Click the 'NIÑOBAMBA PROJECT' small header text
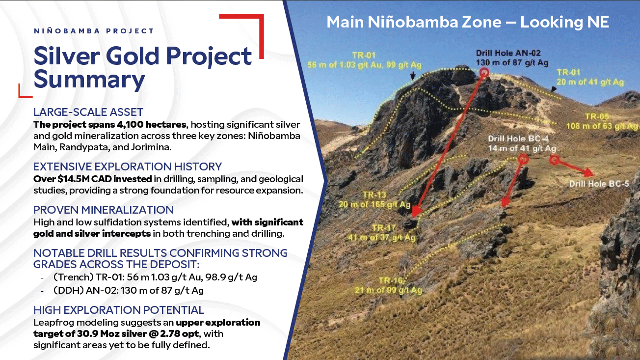pos(94,30)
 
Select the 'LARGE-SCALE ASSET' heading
pos(88,112)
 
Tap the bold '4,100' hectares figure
pos(130,125)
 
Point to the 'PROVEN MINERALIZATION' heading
pos(104,210)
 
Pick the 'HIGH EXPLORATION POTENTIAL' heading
pos(119,310)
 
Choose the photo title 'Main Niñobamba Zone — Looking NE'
pos(468,22)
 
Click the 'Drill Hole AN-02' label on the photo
pos(508,53)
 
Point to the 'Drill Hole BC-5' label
pos(599,184)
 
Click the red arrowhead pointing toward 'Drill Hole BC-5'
pos(588,172)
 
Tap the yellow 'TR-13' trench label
pos(374,194)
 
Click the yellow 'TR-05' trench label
pos(597,116)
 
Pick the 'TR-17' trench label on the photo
pos(384,228)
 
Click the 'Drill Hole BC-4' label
pos(518,138)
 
